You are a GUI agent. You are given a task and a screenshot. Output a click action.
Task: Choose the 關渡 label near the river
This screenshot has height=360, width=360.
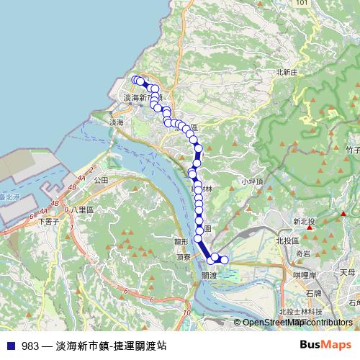[210, 275]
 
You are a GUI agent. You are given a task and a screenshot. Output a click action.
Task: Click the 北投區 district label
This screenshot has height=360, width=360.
[287, 240]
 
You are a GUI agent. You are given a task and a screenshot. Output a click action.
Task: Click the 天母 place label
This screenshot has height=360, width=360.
[347, 272]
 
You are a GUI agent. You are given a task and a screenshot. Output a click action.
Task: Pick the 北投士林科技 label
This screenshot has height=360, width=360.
[300, 311]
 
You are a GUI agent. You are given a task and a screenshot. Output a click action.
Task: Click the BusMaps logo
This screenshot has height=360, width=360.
[326, 345]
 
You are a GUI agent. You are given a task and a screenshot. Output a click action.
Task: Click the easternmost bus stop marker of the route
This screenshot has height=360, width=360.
[224, 260]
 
